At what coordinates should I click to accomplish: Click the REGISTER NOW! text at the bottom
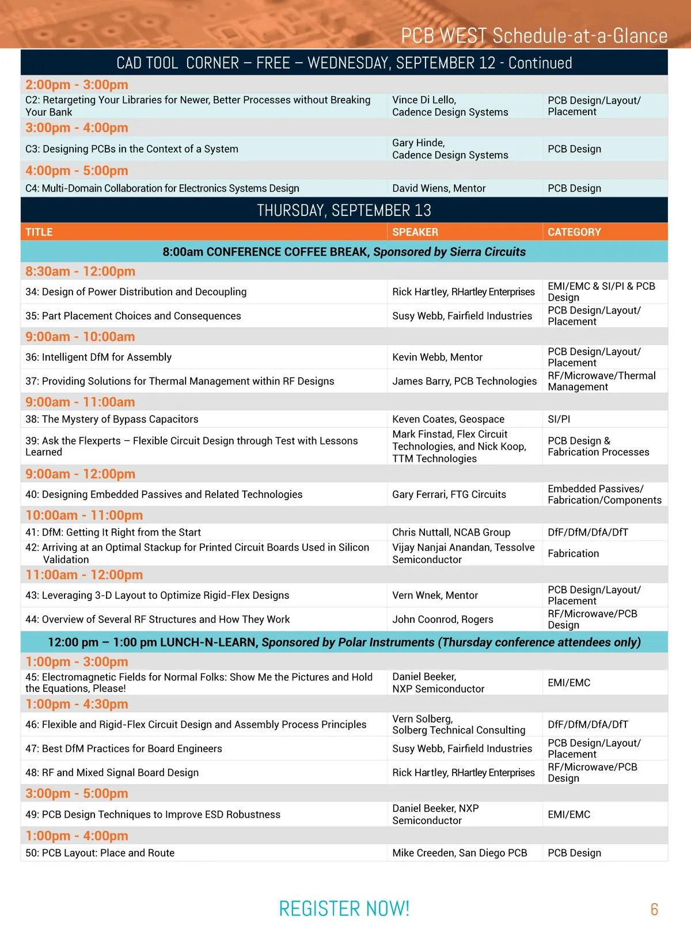(344, 908)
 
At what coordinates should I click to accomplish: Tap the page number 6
(654, 910)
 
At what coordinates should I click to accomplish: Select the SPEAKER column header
(415, 232)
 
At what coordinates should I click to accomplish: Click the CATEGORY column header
(574, 232)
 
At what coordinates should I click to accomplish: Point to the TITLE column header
(39, 232)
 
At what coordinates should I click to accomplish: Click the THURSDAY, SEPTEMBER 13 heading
(344, 211)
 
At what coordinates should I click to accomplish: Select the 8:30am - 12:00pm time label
(80, 271)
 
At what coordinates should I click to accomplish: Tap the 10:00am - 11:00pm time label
(84, 515)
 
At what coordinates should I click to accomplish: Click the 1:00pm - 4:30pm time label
(77, 704)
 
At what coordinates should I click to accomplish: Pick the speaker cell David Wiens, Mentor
(439, 188)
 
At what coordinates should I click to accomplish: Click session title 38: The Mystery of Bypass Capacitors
(112, 419)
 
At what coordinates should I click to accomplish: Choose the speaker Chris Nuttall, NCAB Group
(451, 533)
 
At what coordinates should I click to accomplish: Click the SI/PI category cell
(559, 419)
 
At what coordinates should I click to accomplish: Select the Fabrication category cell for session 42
(573, 553)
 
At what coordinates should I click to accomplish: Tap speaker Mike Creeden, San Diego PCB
(460, 853)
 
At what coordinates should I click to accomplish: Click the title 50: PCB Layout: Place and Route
(100, 853)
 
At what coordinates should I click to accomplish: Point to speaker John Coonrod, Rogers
(442, 619)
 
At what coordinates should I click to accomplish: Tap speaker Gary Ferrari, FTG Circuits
(449, 495)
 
